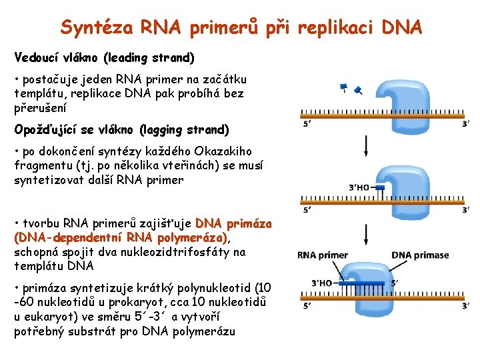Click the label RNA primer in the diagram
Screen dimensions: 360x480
point(323,255)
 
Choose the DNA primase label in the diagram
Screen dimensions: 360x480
point(420,255)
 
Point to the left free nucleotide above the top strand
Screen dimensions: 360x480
point(344,87)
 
